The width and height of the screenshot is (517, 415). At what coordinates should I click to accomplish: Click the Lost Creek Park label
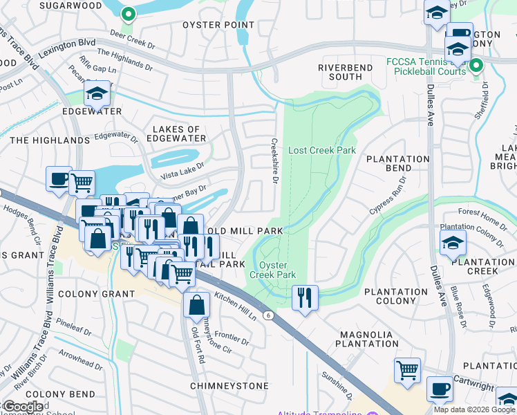[321, 150]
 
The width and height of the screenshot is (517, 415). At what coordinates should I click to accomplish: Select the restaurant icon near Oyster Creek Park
[305, 297]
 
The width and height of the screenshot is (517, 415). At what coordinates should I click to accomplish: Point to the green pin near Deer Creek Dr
[128, 14]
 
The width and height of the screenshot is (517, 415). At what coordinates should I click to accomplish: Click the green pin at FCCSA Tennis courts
[476, 66]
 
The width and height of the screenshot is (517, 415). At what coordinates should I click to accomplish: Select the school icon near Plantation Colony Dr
[453, 243]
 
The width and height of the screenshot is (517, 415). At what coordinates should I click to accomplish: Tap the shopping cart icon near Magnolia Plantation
[408, 369]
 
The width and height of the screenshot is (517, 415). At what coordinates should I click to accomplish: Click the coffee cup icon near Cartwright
[440, 389]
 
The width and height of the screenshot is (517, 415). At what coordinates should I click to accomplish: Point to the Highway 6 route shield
[267, 315]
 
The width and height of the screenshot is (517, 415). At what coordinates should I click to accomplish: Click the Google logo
[23, 407]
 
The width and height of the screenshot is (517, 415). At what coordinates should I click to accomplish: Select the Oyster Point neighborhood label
[218, 25]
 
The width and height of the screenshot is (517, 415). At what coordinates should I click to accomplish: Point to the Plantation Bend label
[397, 163]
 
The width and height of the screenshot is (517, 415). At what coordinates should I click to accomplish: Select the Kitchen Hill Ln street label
[235, 305]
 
